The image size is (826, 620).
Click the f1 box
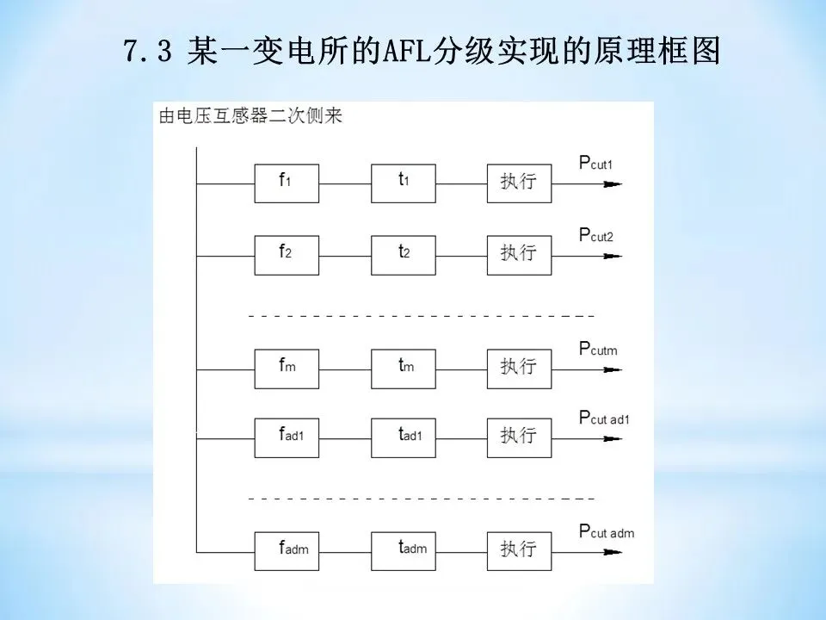click(287, 183)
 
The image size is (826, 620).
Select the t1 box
click(403, 183)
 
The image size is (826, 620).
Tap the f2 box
click(287, 252)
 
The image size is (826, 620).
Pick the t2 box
click(403, 252)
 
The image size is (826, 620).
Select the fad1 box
click(287, 437)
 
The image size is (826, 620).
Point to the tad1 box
click(403, 437)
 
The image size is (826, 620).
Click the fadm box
click(287, 549)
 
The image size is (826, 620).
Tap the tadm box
click(403, 549)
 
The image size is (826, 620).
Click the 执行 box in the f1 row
click(519, 183)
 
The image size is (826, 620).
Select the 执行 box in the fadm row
click(519, 549)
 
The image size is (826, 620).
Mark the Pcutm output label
click(599, 349)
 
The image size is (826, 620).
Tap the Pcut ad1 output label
click(605, 418)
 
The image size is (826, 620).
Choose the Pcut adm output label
click(607, 532)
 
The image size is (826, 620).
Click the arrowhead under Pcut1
click(612, 183)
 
